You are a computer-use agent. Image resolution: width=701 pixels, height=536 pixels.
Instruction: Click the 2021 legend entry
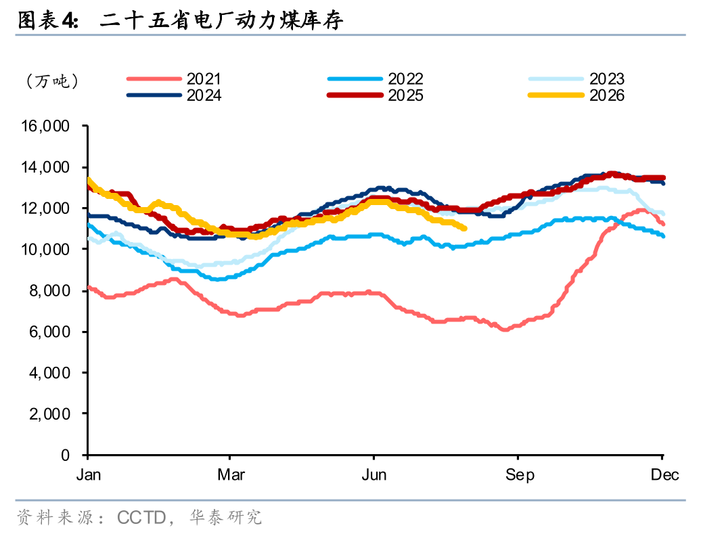point(175,79)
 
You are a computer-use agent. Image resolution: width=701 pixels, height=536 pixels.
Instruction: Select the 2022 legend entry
point(376,79)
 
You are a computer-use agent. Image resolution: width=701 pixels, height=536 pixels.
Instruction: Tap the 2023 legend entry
point(576,79)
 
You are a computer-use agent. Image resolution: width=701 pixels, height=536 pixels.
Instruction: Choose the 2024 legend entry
point(175,95)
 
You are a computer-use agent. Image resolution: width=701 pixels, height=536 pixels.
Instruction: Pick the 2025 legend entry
point(376,95)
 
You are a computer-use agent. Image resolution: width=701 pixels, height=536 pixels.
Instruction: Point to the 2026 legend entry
point(576,95)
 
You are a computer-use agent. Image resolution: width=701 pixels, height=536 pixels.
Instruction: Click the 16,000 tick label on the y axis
point(45,126)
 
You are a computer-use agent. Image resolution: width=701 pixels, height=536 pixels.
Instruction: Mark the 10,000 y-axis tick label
point(45,250)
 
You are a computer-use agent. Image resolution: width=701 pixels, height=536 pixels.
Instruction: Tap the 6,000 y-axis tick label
point(49,332)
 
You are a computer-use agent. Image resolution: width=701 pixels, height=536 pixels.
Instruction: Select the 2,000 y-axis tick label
point(49,414)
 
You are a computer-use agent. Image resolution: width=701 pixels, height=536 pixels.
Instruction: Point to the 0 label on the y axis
point(65,455)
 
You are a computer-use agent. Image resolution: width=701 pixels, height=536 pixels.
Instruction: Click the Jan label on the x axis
point(89,475)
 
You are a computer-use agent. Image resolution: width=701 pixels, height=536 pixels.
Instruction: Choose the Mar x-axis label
point(231,475)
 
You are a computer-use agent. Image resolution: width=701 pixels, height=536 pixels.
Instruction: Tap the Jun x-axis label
point(374,475)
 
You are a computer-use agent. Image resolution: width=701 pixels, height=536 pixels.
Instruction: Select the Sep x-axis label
point(520,475)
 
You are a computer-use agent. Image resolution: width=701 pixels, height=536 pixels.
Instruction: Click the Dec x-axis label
point(664,475)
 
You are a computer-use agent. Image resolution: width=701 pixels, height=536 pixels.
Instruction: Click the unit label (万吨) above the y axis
point(52,81)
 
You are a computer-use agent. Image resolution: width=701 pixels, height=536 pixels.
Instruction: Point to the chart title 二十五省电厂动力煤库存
point(222,20)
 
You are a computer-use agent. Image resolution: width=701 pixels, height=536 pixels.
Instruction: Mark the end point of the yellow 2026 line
point(465,229)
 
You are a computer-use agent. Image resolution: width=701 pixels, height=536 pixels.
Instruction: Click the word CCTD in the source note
point(141,518)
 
